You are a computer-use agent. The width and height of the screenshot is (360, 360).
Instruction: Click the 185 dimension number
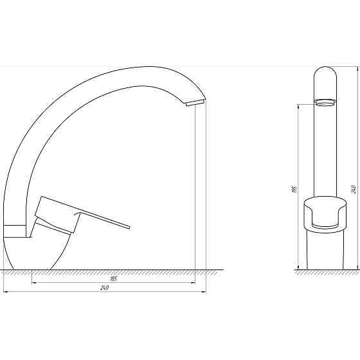coord(113,278)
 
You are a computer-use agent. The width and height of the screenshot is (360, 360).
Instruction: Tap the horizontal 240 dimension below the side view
coord(104,288)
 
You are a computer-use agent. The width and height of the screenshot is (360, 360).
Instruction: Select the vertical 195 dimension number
coord(294,189)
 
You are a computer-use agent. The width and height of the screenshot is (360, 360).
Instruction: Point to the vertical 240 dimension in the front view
coord(354,189)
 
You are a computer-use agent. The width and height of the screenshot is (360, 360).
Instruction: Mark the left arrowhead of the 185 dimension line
coord(33,282)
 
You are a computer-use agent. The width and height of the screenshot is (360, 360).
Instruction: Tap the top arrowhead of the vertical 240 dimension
coord(357,67)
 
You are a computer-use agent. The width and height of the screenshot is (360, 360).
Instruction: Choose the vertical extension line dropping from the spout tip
coord(195,193)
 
